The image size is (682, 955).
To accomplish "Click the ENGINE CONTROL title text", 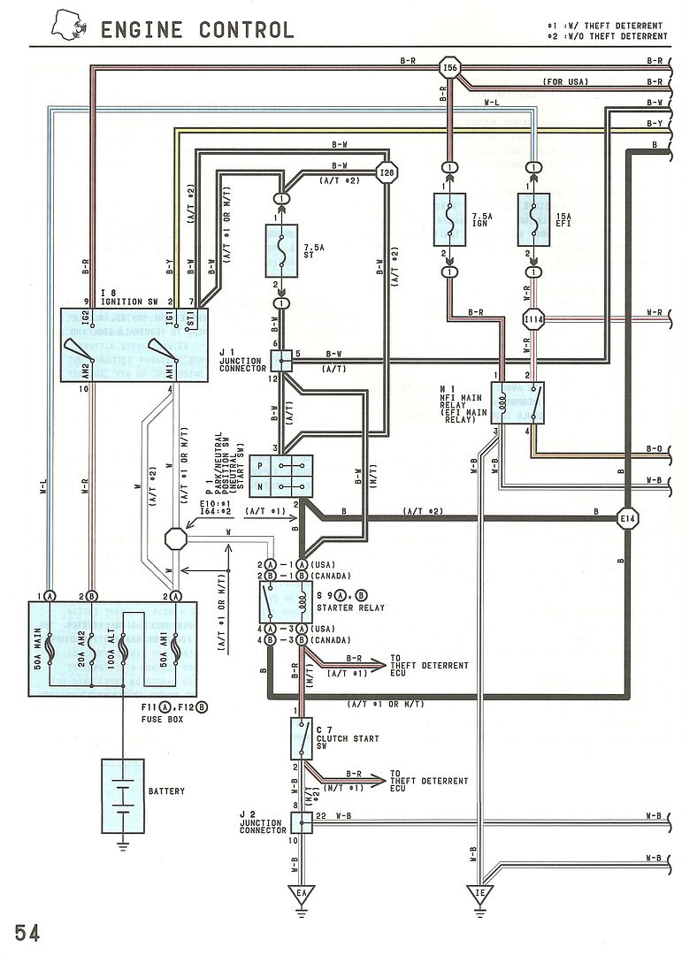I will click(196, 29).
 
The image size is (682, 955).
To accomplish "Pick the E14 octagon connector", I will click(627, 516).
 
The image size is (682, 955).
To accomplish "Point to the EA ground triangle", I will click(302, 894).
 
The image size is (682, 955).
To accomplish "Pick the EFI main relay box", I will click(517, 402).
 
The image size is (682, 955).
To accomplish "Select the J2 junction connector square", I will click(302, 822).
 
